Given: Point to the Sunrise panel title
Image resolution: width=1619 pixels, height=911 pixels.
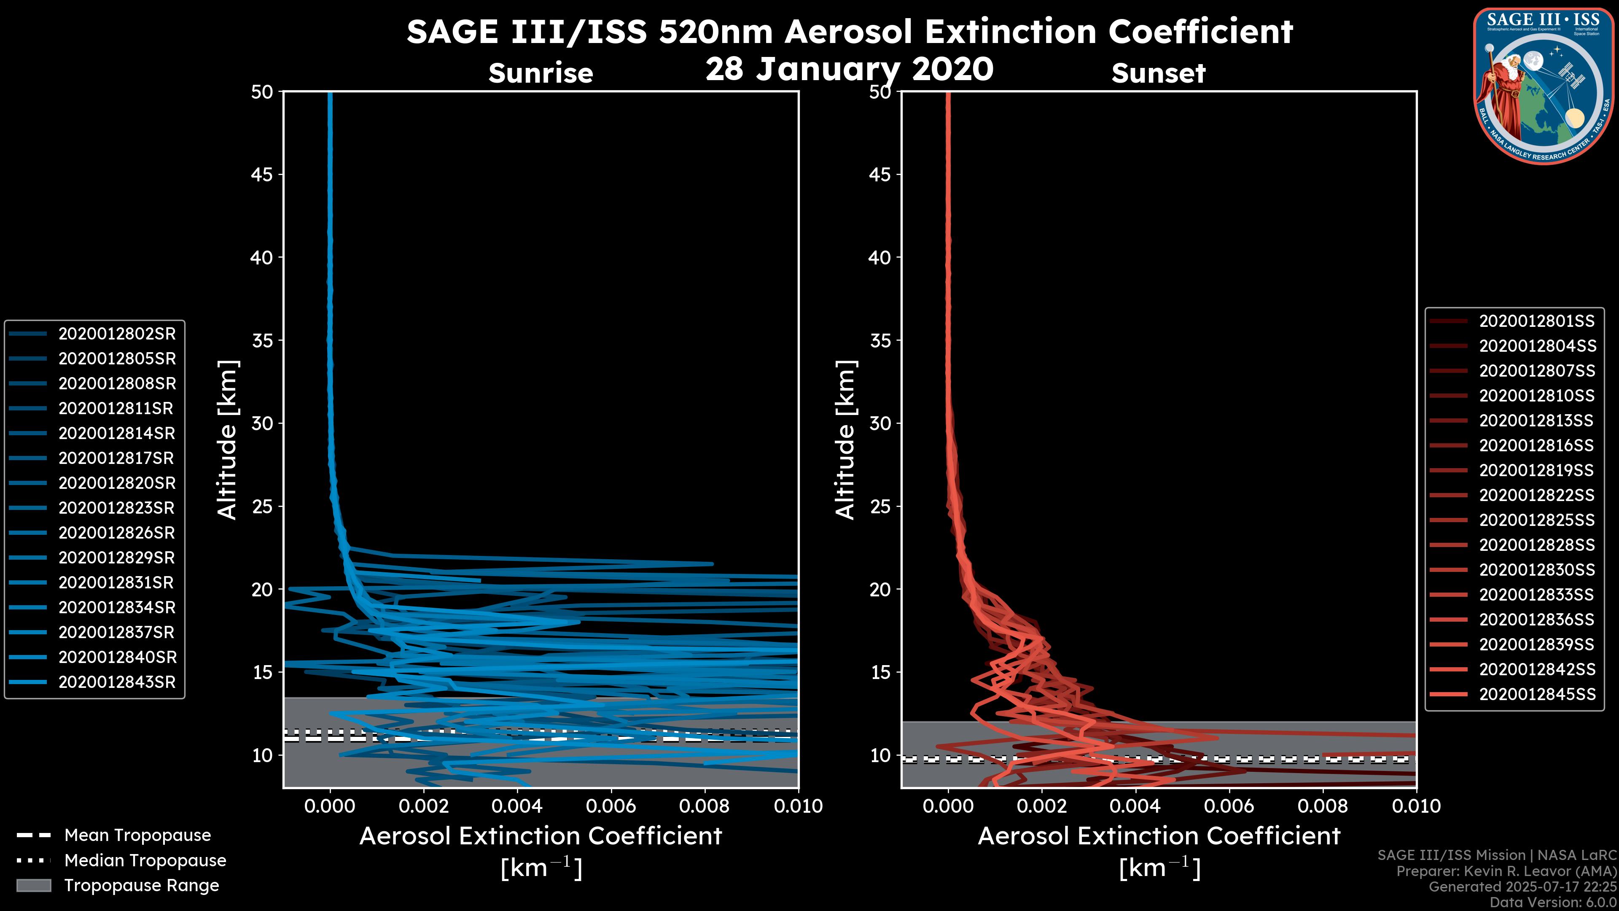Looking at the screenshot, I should click(541, 73).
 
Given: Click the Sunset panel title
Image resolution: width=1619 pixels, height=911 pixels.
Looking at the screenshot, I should click(1158, 73).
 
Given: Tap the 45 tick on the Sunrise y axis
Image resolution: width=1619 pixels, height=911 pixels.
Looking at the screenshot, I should click(262, 175).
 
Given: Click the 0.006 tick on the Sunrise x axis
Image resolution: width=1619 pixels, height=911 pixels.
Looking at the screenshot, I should click(611, 806).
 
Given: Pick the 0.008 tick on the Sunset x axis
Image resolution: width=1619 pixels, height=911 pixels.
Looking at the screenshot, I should click(1323, 806).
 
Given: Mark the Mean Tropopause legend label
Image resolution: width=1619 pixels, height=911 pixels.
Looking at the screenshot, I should click(137, 836).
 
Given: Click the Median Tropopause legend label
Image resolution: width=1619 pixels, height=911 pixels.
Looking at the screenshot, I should click(145, 861).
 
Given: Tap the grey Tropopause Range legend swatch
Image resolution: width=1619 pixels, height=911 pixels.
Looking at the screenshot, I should click(34, 885).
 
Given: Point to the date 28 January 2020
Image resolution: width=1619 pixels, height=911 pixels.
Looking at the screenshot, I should click(849, 69).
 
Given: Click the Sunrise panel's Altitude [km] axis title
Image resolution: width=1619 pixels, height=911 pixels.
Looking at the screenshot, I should click(228, 440).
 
